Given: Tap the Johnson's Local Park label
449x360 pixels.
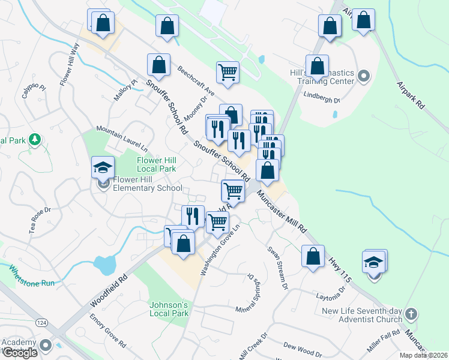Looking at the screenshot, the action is (x=169, y=308).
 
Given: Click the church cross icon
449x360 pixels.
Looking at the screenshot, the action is (x=411, y=314).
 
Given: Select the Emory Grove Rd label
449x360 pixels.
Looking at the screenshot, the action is (x=107, y=330).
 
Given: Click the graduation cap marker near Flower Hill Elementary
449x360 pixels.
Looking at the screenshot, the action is (x=103, y=168).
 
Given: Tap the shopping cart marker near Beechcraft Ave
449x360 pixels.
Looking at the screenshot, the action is (x=228, y=73).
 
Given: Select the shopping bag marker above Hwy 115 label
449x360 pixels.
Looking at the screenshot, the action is (x=313, y=256).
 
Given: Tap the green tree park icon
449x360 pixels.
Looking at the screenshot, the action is (x=35, y=140).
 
